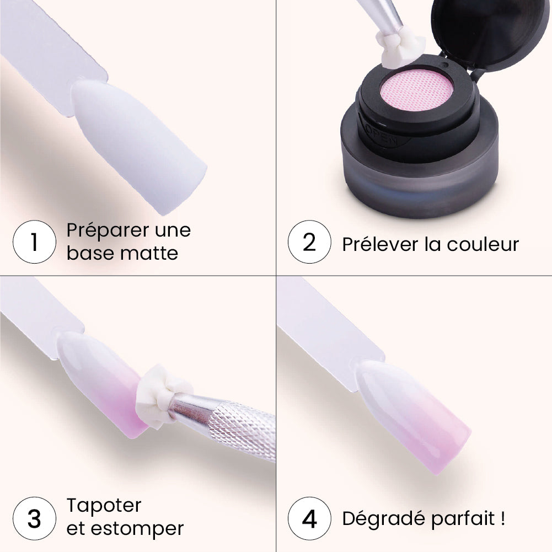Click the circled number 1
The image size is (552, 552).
(x=34, y=242)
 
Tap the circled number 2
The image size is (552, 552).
(x=309, y=242)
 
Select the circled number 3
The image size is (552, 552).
(x=34, y=518)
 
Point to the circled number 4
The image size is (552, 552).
(x=309, y=518)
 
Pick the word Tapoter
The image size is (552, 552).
(x=104, y=506)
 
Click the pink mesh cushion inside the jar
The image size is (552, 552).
(x=416, y=90)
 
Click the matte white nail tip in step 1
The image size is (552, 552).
(x=137, y=144)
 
